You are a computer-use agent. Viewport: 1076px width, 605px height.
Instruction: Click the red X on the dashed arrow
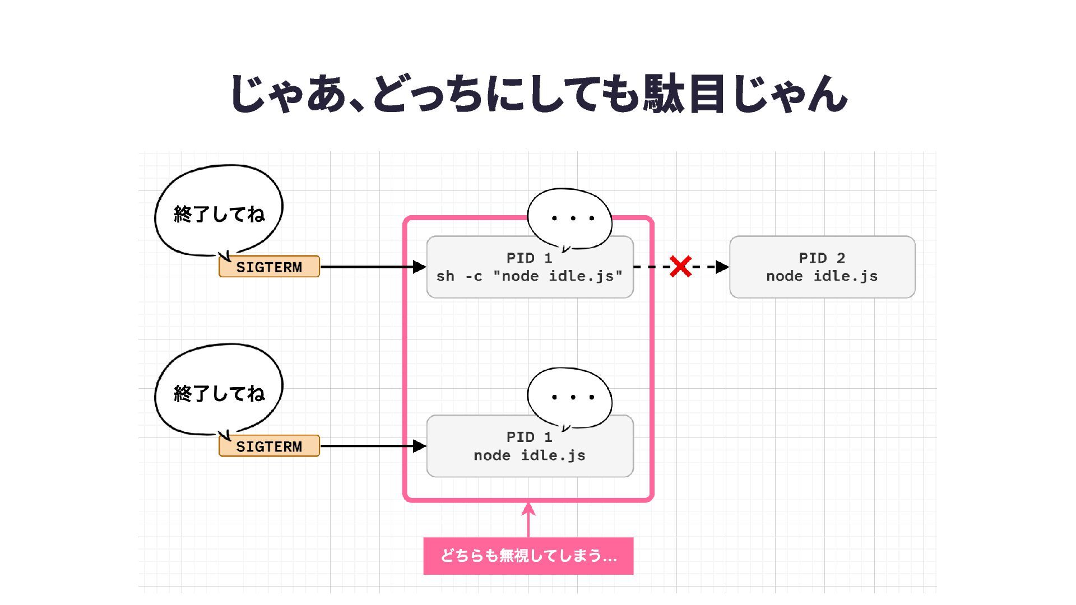680,267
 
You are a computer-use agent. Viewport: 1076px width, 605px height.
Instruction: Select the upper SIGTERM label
269,267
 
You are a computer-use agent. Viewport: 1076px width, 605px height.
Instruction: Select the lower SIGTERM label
269,446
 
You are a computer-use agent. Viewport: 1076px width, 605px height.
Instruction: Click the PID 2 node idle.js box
822,267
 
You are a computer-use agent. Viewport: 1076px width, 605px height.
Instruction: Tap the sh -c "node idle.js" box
530,276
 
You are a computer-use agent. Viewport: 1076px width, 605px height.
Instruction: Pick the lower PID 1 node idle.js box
530,454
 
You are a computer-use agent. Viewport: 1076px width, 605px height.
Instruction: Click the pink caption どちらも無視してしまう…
528,556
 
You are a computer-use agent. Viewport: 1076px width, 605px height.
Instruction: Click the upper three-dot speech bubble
571,218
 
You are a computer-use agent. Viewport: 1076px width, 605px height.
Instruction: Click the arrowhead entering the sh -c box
420,267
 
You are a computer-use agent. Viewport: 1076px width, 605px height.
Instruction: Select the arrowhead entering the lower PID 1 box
420,446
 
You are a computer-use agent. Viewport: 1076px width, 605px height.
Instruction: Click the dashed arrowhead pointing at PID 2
722,267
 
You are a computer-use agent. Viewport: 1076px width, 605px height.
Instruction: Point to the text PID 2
822,258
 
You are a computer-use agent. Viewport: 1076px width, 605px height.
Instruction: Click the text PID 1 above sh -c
530,258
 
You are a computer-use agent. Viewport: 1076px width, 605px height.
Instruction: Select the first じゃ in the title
266,93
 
